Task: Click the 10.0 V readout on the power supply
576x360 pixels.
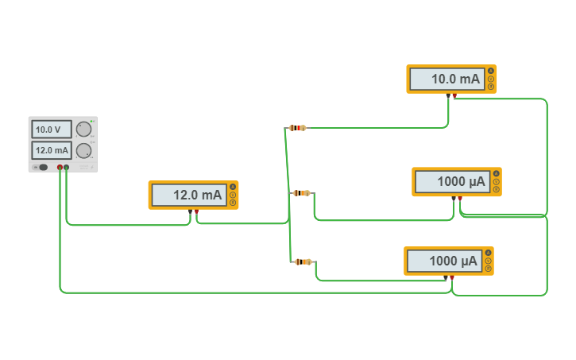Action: pyautogui.click(x=51, y=130)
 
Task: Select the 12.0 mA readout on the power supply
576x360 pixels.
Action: pyautogui.click(x=51, y=150)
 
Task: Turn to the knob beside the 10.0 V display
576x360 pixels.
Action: pyautogui.click(x=83, y=130)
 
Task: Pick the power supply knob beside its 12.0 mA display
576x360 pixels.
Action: pyautogui.click(x=83, y=151)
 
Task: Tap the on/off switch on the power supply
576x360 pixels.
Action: pyautogui.click(x=42, y=167)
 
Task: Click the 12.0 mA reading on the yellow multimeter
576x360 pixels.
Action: pyautogui.click(x=187, y=195)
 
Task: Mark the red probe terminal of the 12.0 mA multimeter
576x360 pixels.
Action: pyautogui.click(x=196, y=212)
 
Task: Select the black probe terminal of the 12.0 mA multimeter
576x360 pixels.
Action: pyautogui.click(x=191, y=212)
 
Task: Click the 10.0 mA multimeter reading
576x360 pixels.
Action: pyautogui.click(x=446, y=79)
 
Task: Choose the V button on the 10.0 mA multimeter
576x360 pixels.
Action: pyautogui.click(x=491, y=79)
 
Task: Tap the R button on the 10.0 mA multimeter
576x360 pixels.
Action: pyautogui.click(x=491, y=87)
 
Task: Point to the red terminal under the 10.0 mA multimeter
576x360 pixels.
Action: pyautogui.click(x=454, y=96)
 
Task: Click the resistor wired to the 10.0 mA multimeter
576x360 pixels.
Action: pyautogui.click(x=297, y=127)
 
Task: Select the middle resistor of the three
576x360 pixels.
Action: pyautogui.click(x=301, y=193)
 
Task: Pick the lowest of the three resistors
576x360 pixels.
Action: pyautogui.click(x=303, y=261)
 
